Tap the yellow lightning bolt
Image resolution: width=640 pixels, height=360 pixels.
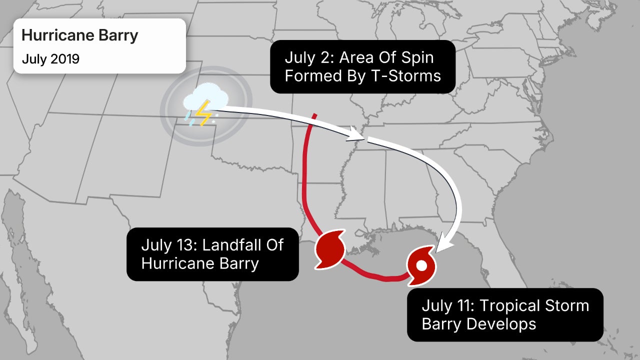pyautogui.click(x=203, y=114)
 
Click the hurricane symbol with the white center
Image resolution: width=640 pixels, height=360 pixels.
pyautogui.click(x=421, y=265)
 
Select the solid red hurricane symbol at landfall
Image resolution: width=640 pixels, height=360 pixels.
pyautogui.click(x=329, y=248)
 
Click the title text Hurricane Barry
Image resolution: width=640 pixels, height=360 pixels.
pyautogui.click(x=80, y=36)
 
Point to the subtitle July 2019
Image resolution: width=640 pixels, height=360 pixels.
pyautogui.click(x=50, y=58)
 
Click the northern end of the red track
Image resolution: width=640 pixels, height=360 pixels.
pyautogui.click(x=314, y=116)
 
